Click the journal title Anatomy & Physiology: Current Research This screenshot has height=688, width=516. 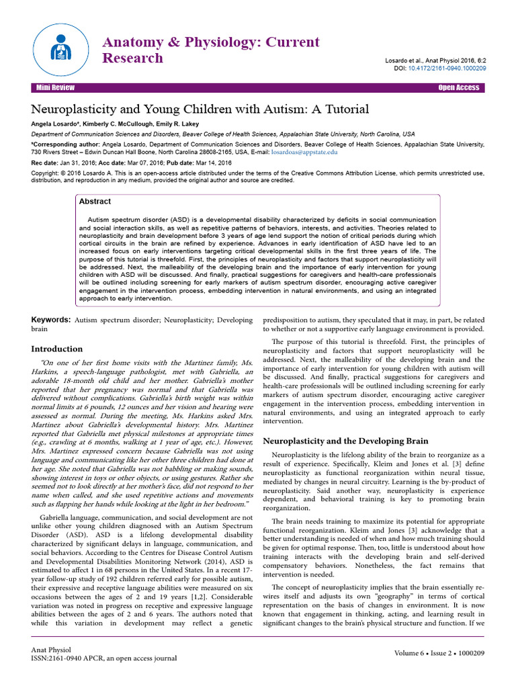(x=210, y=50)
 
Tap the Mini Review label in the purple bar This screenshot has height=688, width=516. (x=56, y=88)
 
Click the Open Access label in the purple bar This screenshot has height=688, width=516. (x=458, y=88)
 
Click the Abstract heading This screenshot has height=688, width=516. (x=95, y=201)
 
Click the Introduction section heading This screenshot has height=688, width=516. (x=58, y=349)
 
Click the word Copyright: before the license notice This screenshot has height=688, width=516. (x=48, y=173)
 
